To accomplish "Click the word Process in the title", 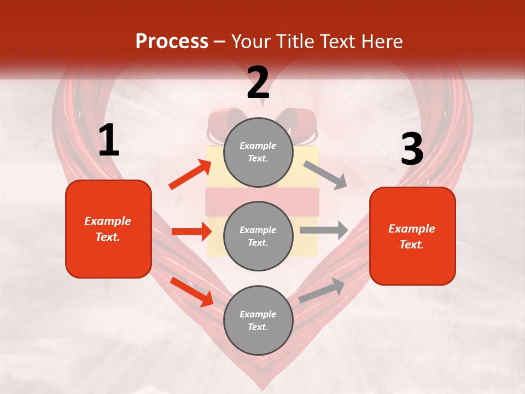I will click(172, 42).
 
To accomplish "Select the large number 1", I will click(109, 141).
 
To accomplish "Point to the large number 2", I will click(258, 83).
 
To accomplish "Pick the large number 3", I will click(412, 149).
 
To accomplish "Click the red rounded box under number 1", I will click(108, 229).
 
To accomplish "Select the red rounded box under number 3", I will click(412, 236).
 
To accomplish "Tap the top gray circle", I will click(258, 152).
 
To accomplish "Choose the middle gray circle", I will click(258, 236).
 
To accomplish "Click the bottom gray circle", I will click(258, 320).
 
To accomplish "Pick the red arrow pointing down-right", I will click(192, 292).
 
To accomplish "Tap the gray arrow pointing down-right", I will click(325, 175).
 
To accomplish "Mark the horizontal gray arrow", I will click(324, 230).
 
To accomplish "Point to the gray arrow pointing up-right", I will click(322, 291).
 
